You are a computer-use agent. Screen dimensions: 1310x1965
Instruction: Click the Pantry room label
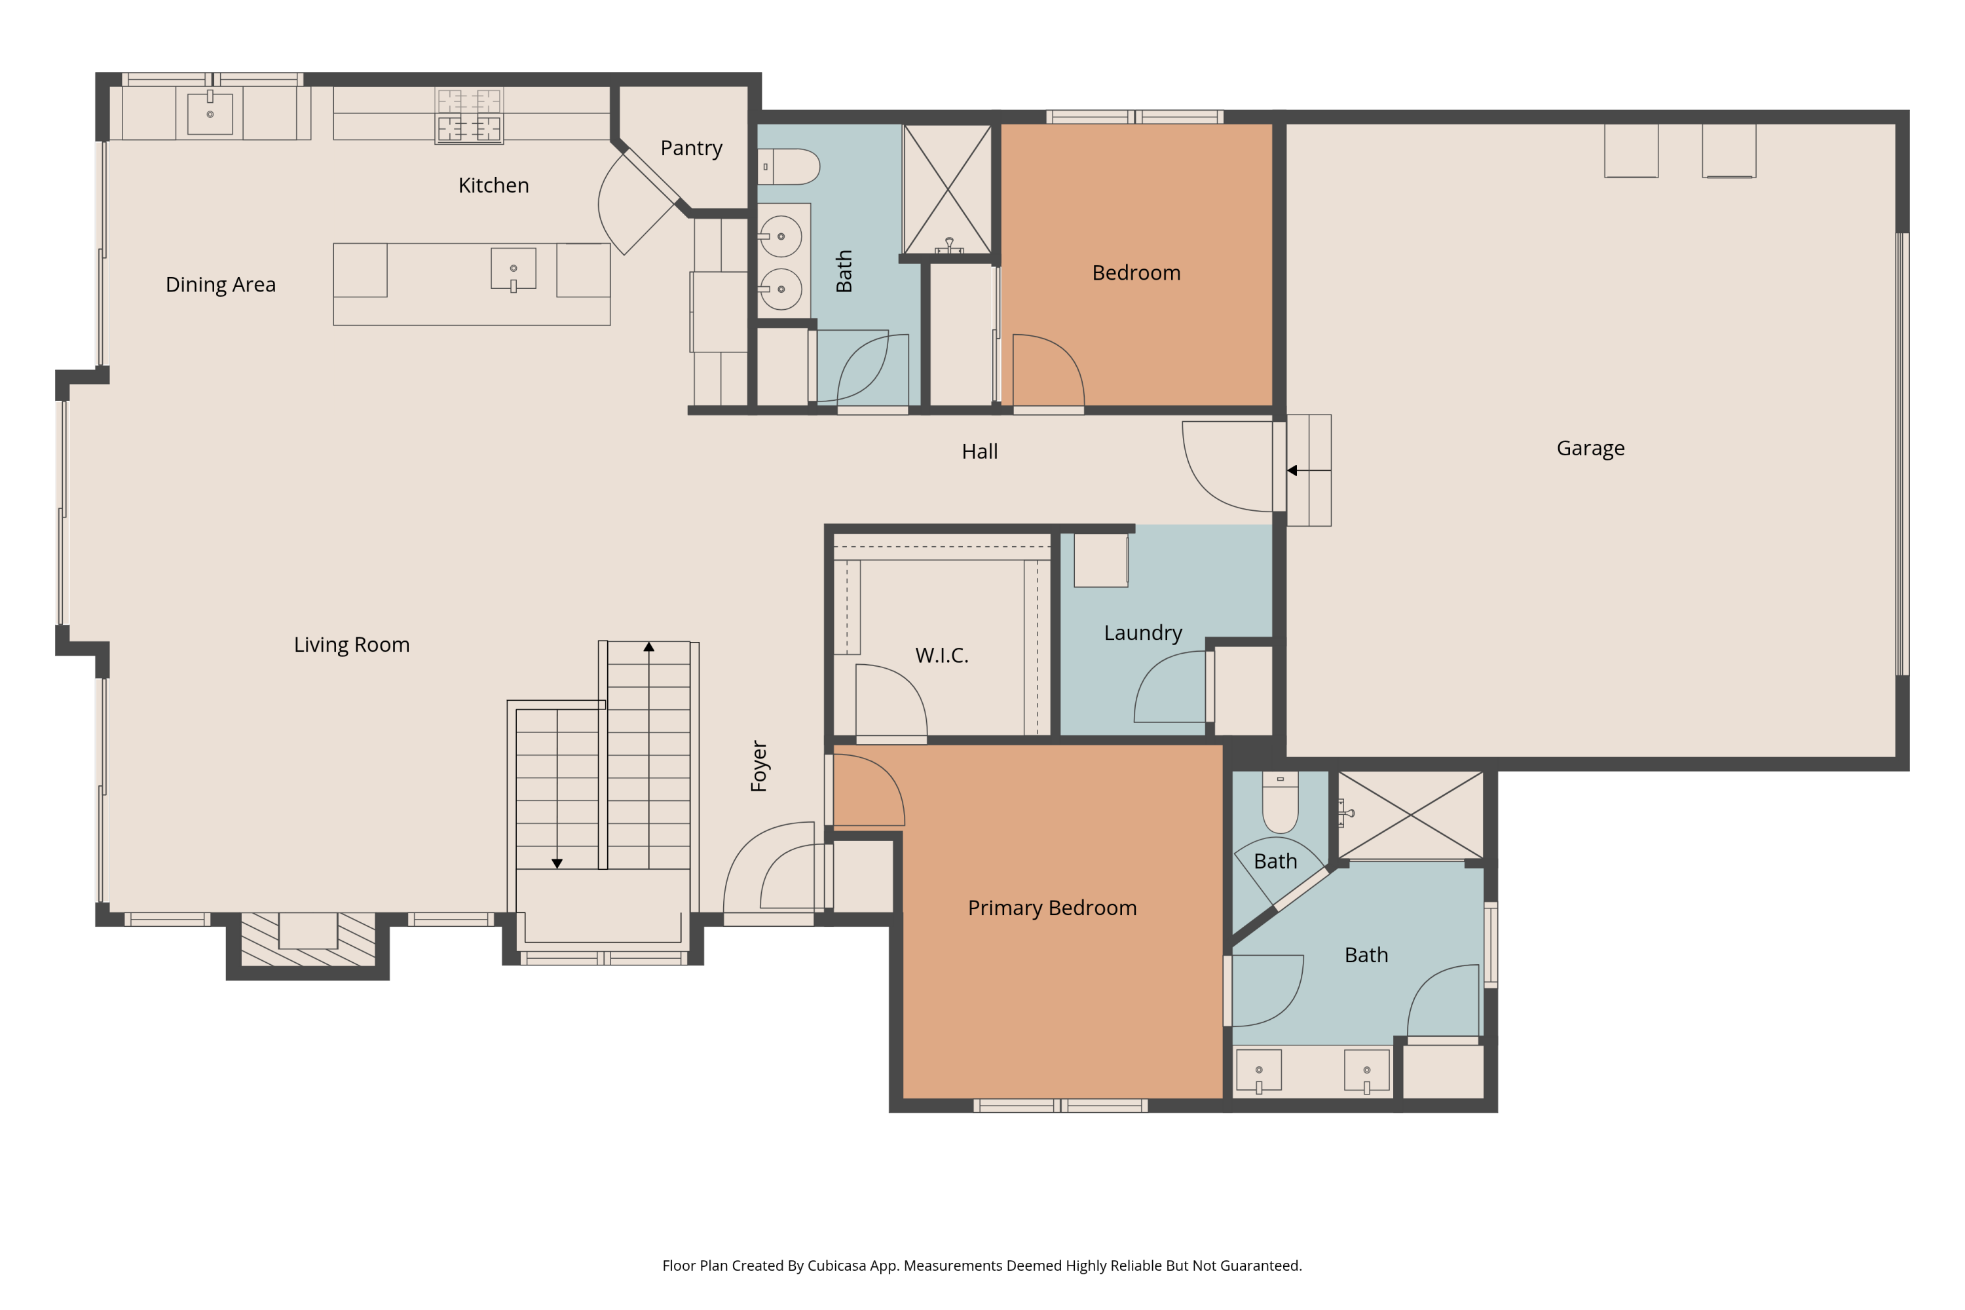(691, 148)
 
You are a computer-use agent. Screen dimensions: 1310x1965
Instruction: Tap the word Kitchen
(493, 185)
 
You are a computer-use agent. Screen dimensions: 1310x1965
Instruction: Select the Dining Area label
(221, 285)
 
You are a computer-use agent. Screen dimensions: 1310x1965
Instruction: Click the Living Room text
(352, 645)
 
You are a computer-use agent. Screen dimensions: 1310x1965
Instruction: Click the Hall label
(979, 452)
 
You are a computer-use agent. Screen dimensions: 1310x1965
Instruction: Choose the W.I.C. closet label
(942, 656)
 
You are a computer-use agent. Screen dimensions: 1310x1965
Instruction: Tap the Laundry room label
(1142, 633)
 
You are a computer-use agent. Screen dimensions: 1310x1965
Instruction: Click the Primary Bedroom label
(1052, 908)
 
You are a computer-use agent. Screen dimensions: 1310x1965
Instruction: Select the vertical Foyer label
(758, 766)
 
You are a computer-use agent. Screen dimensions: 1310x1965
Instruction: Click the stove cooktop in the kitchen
(469, 116)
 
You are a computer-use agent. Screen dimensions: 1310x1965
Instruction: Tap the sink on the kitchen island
(513, 270)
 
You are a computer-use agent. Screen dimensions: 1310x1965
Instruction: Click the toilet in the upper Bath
(789, 167)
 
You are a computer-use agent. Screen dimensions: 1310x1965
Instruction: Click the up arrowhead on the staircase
(648, 646)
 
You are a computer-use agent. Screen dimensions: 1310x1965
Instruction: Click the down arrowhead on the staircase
(557, 863)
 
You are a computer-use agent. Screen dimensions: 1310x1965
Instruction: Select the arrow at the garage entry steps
(1292, 470)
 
